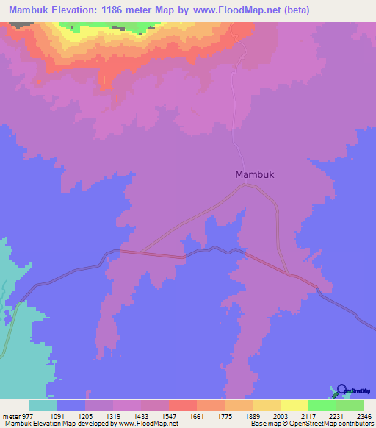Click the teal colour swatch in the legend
(43, 405)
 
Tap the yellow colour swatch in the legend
(294, 405)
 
